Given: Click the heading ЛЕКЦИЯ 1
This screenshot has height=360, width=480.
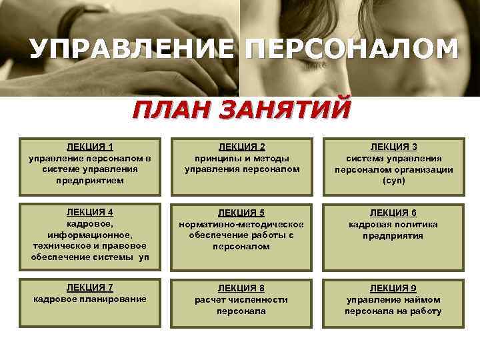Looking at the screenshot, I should [x=90, y=147].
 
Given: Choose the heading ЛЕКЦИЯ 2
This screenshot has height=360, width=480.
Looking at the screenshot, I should [x=242, y=147].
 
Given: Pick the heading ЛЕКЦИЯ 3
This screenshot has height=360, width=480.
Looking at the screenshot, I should [x=393, y=147].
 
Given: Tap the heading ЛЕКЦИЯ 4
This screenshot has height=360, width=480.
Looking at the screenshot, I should [x=90, y=212].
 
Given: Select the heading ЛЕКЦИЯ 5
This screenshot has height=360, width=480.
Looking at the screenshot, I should [x=242, y=213].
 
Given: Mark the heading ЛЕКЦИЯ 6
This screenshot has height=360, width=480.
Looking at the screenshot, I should [x=393, y=213].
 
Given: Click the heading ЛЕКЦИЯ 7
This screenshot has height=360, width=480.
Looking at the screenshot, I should [x=90, y=287].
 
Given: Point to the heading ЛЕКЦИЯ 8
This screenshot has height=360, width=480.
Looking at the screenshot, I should [x=242, y=288].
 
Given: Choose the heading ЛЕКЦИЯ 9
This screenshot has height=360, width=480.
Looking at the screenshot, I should [x=393, y=288].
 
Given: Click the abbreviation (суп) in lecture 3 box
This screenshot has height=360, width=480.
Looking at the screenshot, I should [x=393, y=181].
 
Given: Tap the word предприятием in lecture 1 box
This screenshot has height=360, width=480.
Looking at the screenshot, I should [x=90, y=181].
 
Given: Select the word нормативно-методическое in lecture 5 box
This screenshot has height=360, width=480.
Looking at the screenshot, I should [x=242, y=224].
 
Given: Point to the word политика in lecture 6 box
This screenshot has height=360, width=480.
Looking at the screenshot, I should [x=415, y=224].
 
